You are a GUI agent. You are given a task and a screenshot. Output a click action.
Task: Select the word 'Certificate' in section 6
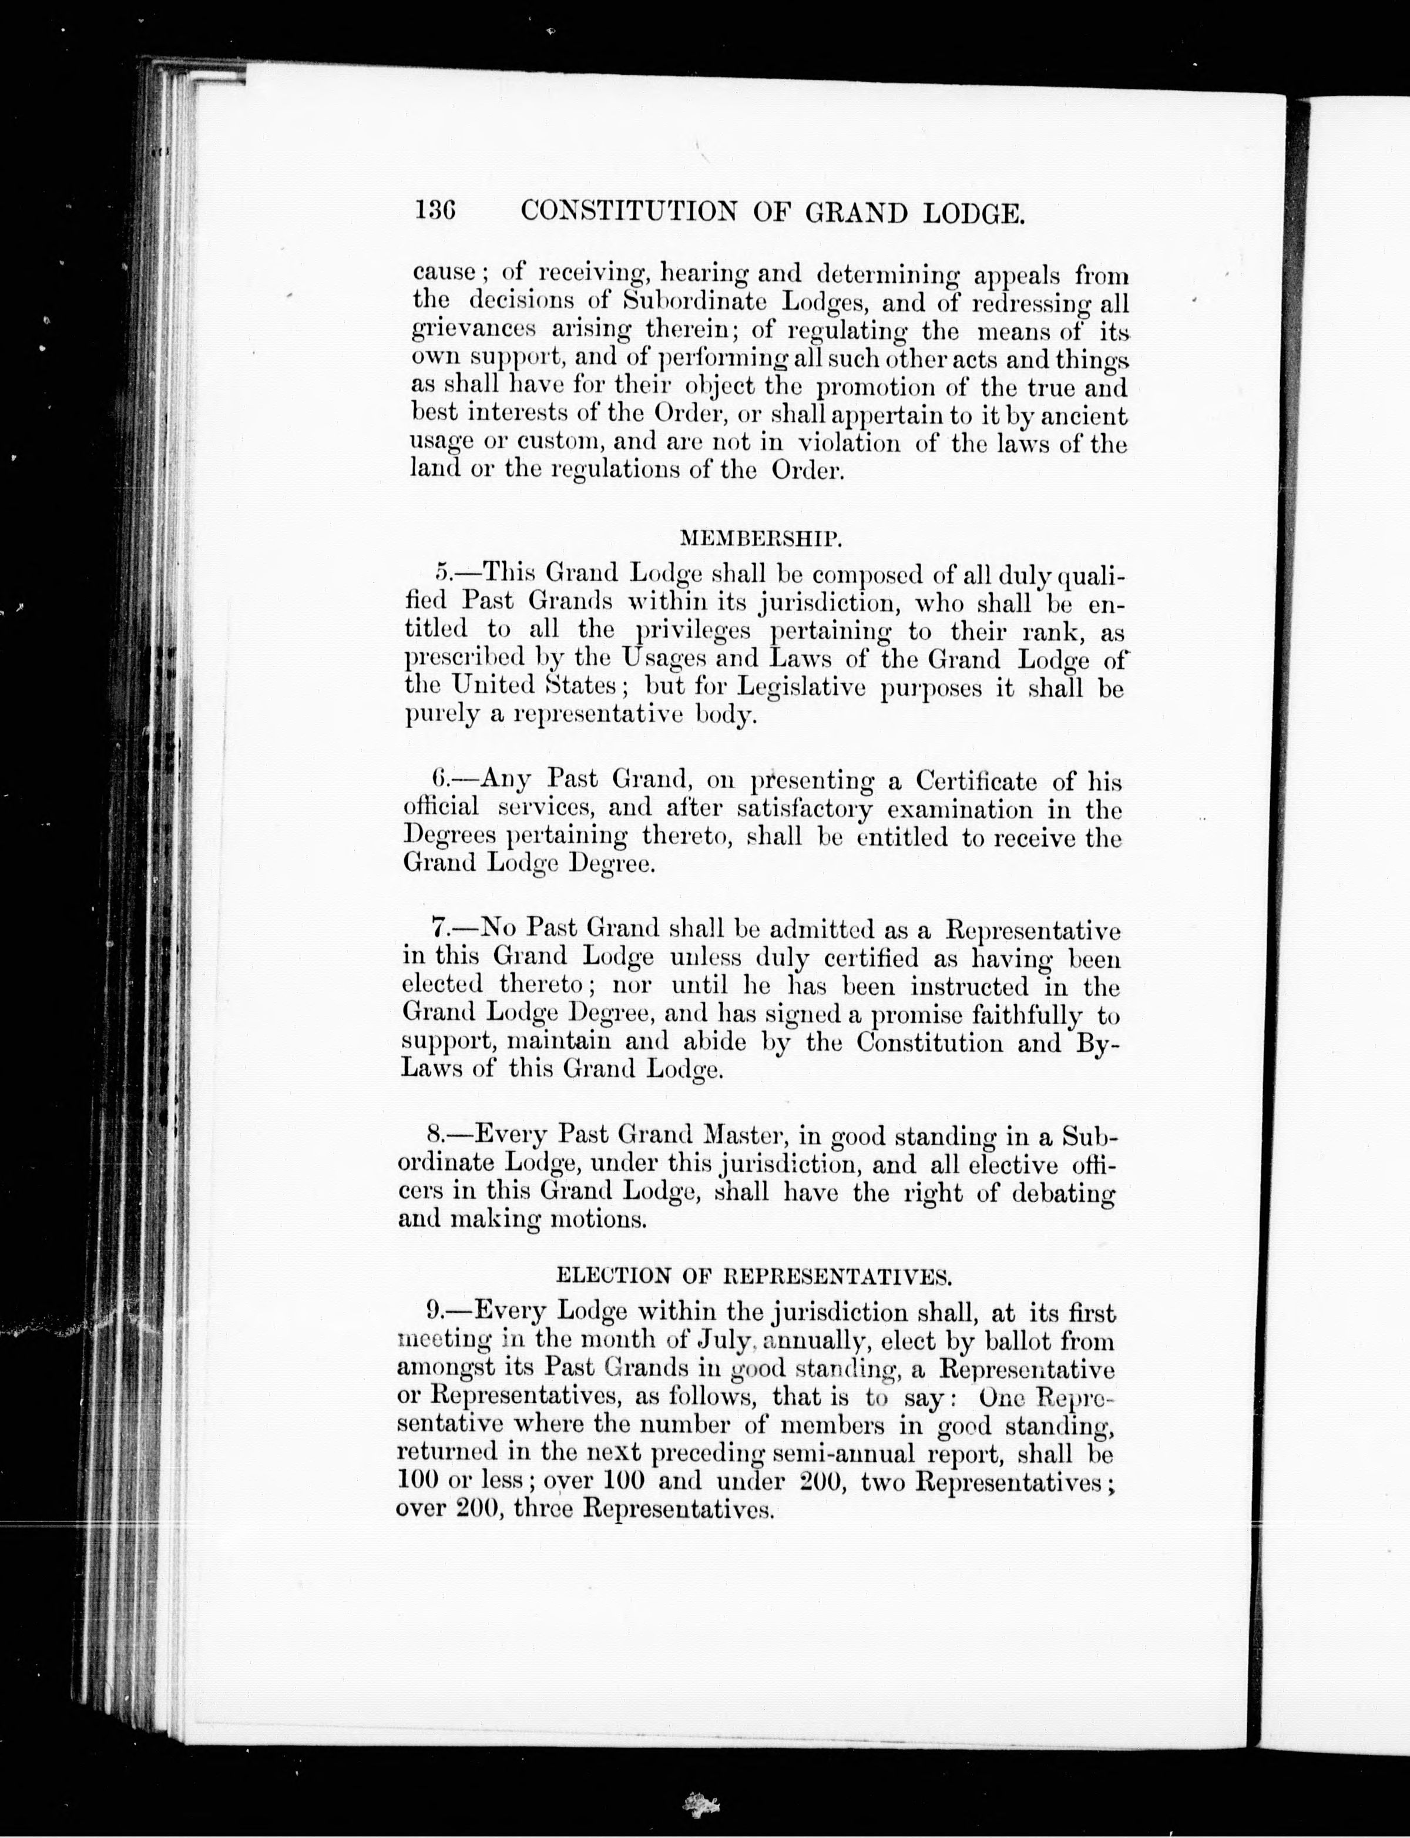(x=975, y=782)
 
